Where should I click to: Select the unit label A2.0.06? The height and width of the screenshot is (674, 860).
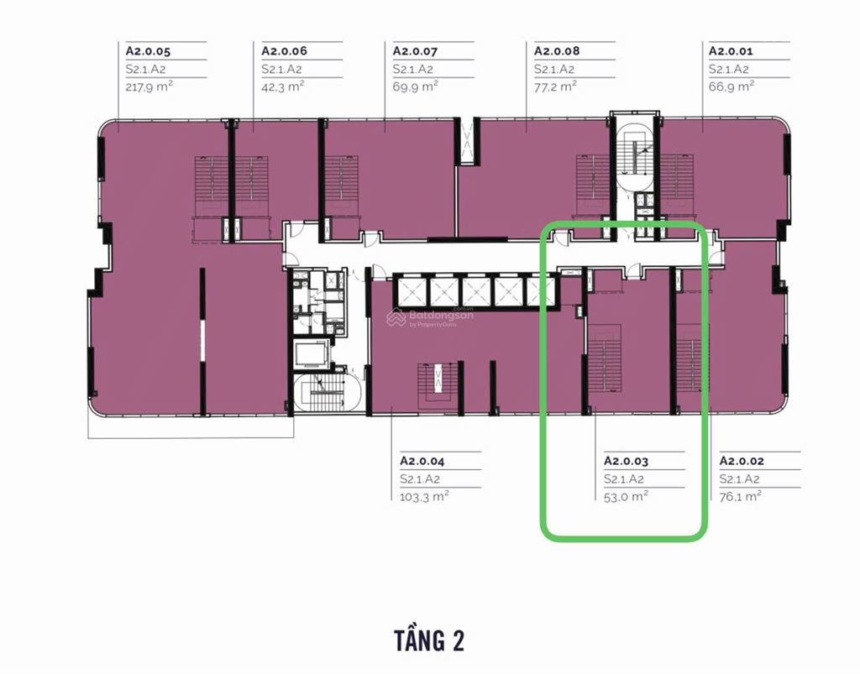coord(284,51)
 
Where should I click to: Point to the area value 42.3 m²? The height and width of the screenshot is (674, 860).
coord(283,86)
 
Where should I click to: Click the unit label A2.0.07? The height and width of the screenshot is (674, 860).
coord(415,51)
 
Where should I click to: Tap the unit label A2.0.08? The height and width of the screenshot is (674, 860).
coord(557,51)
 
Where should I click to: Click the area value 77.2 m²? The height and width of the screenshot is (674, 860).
coord(555,86)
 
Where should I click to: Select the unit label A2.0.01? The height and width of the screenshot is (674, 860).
coord(731,51)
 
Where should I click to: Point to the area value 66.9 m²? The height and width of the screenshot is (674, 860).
coord(732,86)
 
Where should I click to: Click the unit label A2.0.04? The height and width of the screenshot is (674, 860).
coord(422,461)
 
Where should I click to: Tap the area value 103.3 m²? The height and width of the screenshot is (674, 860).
coord(424,495)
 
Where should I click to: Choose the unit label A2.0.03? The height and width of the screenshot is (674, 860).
coord(626,461)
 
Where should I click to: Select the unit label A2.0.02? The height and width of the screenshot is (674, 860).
coord(742,461)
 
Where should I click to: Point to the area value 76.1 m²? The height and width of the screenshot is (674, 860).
coord(741,495)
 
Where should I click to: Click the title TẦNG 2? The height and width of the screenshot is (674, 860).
coord(429,640)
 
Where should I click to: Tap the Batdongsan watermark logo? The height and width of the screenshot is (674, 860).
coord(430,317)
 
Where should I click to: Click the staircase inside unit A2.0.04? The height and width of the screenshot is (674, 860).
coord(437,387)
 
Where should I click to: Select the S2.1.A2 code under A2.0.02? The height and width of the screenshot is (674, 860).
coord(739,478)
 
